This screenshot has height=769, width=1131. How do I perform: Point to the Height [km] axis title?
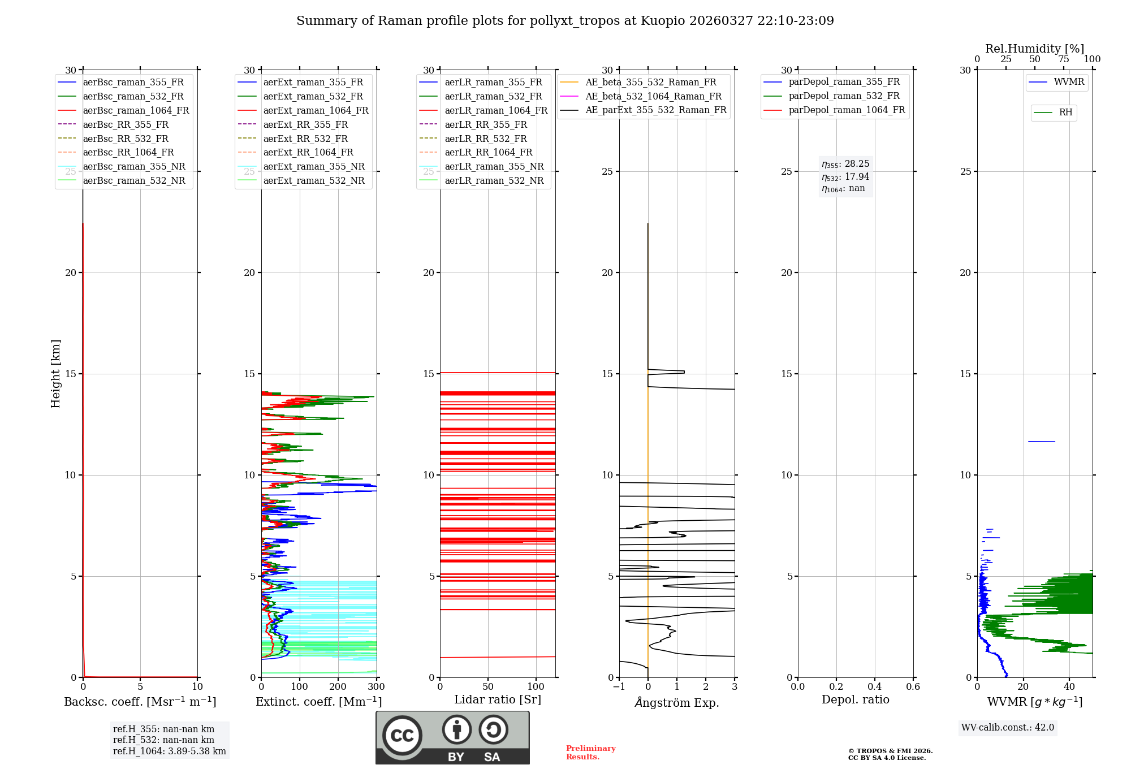[x=55, y=374]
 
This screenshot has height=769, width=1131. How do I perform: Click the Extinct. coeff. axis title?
[x=318, y=702]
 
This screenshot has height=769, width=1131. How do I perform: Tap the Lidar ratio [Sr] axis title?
[x=498, y=699]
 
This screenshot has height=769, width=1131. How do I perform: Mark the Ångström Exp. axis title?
[x=677, y=703]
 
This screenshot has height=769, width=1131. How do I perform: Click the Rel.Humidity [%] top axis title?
[x=1034, y=49]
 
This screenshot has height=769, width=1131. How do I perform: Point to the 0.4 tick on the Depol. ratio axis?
[x=874, y=687]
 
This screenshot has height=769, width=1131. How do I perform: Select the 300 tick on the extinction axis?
[x=376, y=687]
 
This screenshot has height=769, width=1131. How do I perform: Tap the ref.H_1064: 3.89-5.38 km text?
[x=169, y=751]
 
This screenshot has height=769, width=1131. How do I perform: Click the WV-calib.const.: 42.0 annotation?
[x=1008, y=728]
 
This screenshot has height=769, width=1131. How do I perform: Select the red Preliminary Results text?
[x=590, y=753]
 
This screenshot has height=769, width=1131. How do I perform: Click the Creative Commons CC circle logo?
[x=402, y=736]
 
